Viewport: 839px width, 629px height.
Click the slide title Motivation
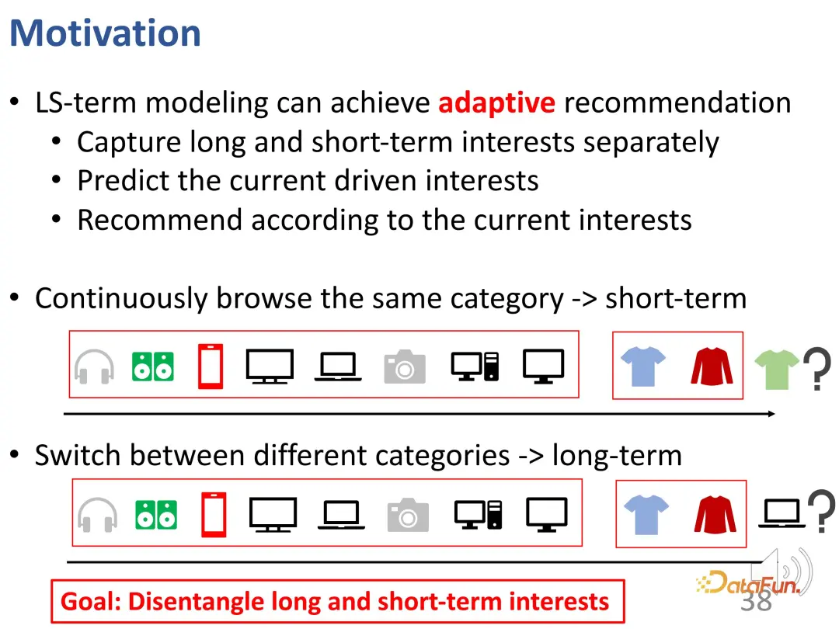pos(106,33)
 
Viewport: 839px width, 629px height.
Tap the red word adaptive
pos(496,103)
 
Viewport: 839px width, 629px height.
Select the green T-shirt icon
pos(776,369)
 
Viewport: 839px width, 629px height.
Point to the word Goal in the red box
pos(90,602)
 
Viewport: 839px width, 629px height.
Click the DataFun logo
pos(748,582)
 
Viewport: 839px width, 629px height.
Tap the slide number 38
pos(756,600)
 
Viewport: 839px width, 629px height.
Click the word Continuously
pos(121,298)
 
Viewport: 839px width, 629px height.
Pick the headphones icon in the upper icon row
pos(94,367)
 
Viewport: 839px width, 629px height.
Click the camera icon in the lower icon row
pos(408,515)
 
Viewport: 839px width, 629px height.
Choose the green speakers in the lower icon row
pos(155,515)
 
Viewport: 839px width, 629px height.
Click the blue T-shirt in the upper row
pos(643,367)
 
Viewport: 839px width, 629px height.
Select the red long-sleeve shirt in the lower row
pos(715,515)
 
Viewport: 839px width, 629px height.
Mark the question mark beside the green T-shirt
pos(817,369)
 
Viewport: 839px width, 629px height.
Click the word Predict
pos(123,180)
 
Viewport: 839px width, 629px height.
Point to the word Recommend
pos(160,220)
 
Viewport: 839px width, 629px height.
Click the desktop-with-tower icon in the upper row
pos(475,367)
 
